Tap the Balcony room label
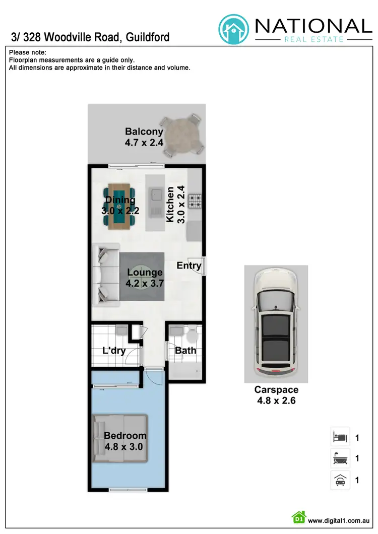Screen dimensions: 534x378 tap(144, 132)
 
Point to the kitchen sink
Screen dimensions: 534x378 tap(155, 193)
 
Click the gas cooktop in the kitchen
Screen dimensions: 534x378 tap(195, 202)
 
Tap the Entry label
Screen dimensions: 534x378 tap(189, 265)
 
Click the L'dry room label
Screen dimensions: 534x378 tap(114, 351)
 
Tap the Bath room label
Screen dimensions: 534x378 tap(185, 351)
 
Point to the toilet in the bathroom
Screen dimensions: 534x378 tap(192, 336)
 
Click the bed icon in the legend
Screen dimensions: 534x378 tap(339, 437)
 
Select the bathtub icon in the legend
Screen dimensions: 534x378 tap(339, 458)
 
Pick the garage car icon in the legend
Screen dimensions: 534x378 tap(339, 480)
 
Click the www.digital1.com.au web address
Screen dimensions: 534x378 tap(339, 520)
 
